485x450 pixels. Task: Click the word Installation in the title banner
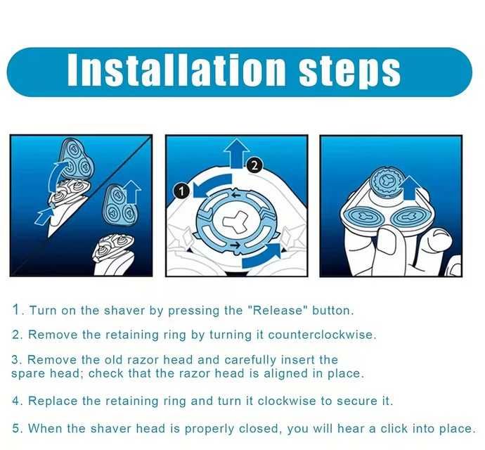pos(176,70)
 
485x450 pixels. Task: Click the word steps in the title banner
pos(349,72)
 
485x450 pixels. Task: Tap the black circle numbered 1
pos(182,191)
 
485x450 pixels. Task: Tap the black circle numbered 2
pos(254,165)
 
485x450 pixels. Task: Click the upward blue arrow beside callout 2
pos(237,153)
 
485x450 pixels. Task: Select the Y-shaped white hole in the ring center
pos(236,220)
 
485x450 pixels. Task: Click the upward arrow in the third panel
pos(410,188)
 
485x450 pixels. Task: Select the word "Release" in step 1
pos(277,310)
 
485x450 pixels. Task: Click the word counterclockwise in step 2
pos(321,335)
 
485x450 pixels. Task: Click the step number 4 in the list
pos(15,401)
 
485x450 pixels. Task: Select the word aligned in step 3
pos(286,374)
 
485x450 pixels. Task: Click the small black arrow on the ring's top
pos(236,195)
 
